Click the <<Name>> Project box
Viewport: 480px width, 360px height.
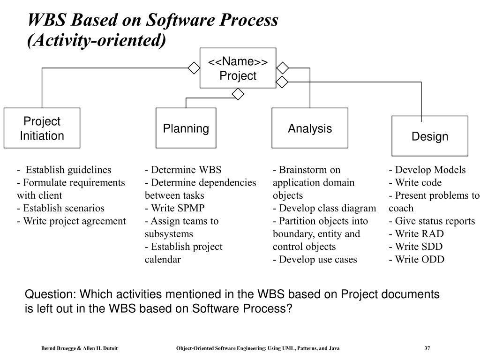(x=238, y=68)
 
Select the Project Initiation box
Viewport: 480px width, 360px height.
(x=42, y=128)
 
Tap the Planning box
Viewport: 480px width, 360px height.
(x=186, y=128)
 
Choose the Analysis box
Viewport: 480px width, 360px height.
(x=310, y=128)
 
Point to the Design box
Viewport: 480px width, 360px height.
(x=430, y=136)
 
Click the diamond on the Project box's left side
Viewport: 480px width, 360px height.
(x=194, y=68)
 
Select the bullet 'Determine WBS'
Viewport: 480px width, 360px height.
(x=183, y=170)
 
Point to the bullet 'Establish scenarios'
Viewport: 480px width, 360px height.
(x=60, y=208)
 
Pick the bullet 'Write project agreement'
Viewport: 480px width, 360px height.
(x=71, y=221)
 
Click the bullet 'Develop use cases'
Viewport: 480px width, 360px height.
(x=315, y=259)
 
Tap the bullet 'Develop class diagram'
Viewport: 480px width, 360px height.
(x=324, y=208)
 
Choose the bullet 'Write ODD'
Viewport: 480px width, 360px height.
(x=416, y=259)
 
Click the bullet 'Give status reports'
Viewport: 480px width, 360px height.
(x=432, y=221)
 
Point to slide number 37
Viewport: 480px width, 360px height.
(x=427, y=348)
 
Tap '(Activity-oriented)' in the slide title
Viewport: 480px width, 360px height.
(x=97, y=41)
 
